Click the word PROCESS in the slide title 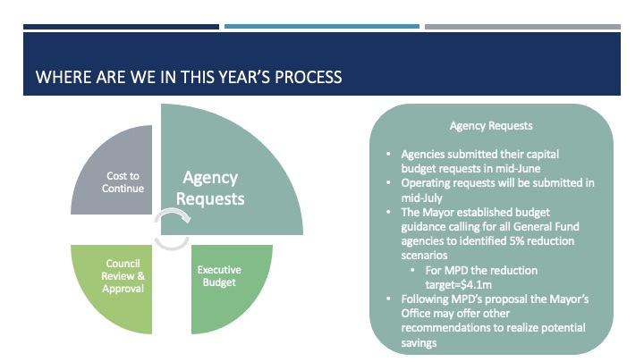pos(308,77)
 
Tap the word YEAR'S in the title pos(244,77)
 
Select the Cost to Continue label pos(123,181)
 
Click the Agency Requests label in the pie pos(210,188)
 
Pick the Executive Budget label pos(219,276)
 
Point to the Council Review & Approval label pos(123,276)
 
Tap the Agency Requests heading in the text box pos(491,126)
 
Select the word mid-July pos(422,198)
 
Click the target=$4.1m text pos(458,285)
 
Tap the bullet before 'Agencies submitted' pos(388,154)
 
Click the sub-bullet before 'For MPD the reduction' pos(412,270)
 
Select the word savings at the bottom pos(419,343)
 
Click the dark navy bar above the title pos(121,27)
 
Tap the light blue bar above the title pos(322,27)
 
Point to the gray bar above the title pos(523,27)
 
